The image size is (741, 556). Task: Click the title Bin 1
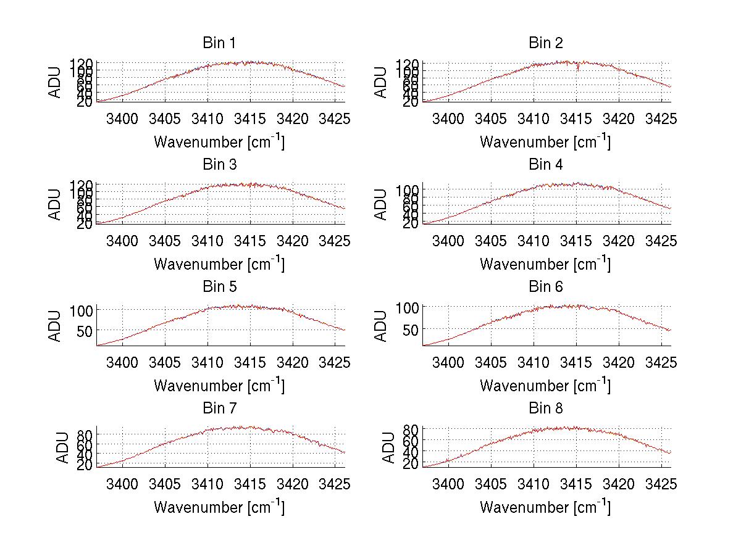pyautogui.click(x=219, y=43)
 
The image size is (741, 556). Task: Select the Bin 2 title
pyautogui.click(x=545, y=43)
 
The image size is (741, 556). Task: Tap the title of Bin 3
pyautogui.click(x=219, y=165)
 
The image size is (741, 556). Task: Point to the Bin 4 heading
pyautogui.click(x=545, y=165)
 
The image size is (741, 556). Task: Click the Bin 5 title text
pyautogui.click(x=219, y=287)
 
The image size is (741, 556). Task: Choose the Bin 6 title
pyautogui.click(x=545, y=287)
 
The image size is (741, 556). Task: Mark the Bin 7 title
pyautogui.click(x=219, y=409)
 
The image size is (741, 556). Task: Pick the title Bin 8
pyautogui.click(x=545, y=409)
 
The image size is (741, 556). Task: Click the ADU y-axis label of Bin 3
pyautogui.click(x=56, y=204)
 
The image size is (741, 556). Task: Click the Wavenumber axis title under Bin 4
pyautogui.click(x=545, y=263)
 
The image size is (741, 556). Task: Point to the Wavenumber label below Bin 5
pyautogui.click(x=219, y=386)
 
